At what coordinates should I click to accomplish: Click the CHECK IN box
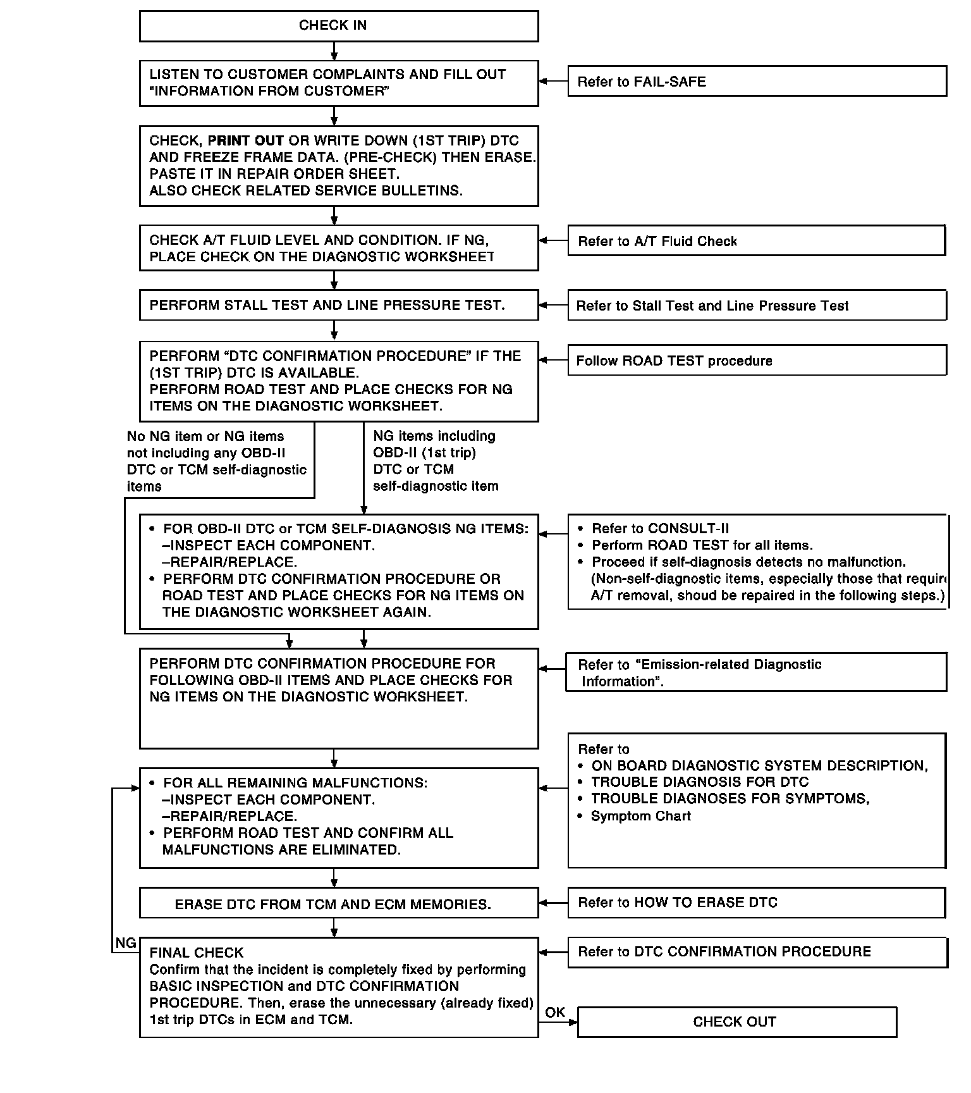(x=339, y=26)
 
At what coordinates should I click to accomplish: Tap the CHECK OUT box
(x=736, y=1022)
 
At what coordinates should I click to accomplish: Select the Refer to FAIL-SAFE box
(x=757, y=82)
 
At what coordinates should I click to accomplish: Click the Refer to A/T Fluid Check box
(x=757, y=241)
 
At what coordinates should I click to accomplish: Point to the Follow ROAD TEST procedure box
(x=757, y=361)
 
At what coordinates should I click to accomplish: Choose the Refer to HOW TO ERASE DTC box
(x=757, y=903)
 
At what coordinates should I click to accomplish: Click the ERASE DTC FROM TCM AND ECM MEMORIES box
(x=339, y=904)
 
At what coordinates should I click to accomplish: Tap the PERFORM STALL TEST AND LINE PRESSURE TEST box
(x=339, y=305)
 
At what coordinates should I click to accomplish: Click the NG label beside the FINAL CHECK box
(x=126, y=943)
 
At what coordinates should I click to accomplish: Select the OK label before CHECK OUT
(x=555, y=1012)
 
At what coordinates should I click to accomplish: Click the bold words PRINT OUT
(x=246, y=141)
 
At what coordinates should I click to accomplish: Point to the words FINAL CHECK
(x=197, y=953)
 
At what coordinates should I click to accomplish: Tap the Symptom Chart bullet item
(x=640, y=816)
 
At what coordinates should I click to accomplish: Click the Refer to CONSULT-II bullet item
(x=660, y=529)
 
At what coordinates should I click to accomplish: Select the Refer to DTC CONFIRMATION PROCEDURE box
(x=757, y=952)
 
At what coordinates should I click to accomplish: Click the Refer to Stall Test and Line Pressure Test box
(x=757, y=306)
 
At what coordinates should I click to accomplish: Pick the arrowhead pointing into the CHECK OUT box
(x=574, y=1022)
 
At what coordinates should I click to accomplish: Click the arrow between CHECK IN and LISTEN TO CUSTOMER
(x=334, y=51)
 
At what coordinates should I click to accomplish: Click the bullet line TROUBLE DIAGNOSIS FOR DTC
(x=700, y=782)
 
